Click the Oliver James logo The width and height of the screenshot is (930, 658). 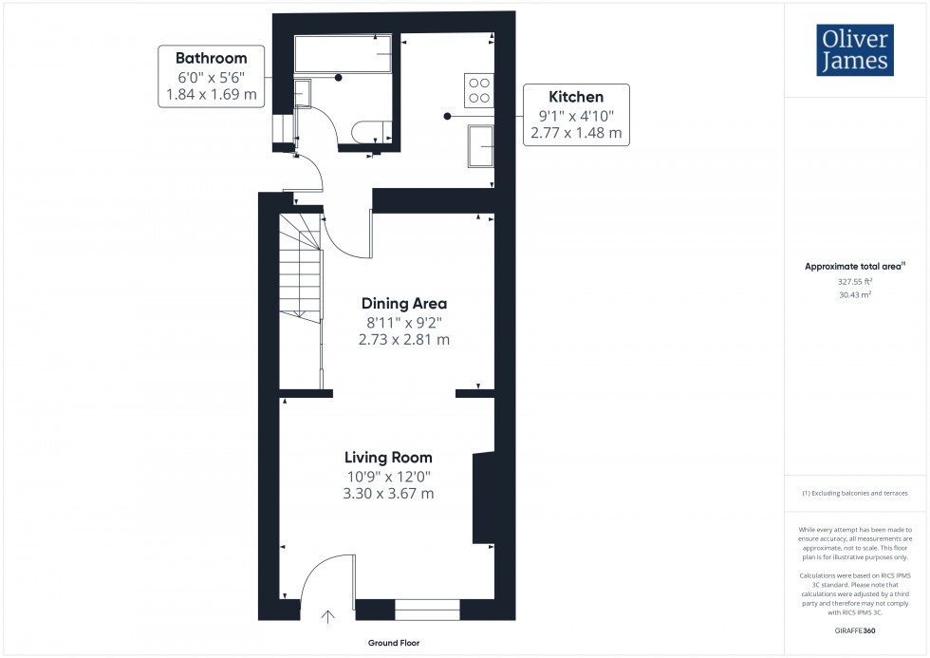click(854, 50)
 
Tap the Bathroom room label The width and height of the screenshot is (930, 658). click(211, 58)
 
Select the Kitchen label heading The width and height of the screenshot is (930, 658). click(576, 97)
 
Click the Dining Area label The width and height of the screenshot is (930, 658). click(403, 304)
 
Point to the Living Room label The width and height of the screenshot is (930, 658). click(387, 457)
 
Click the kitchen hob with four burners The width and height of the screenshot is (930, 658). click(478, 89)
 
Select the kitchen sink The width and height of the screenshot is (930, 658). click(479, 146)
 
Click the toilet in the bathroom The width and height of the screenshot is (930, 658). click(366, 133)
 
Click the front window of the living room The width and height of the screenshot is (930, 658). click(427, 609)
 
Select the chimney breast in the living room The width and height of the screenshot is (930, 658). click(483, 496)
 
